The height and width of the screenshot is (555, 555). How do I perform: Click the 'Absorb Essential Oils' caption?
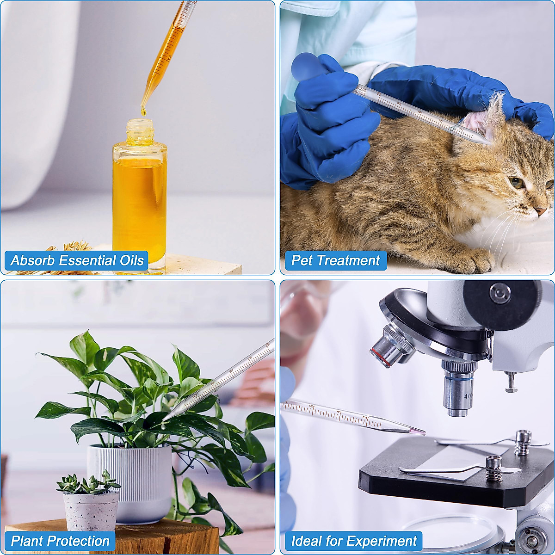tap(77, 260)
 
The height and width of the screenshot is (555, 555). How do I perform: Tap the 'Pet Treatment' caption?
tap(335, 260)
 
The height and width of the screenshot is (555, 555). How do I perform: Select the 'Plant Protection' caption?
tap(60, 541)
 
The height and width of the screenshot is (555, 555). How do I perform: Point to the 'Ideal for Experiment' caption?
tap(354, 541)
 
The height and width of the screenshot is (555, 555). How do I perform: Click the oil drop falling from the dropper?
tap(143, 111)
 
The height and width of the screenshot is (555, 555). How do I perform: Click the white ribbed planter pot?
tap(130, 481)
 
